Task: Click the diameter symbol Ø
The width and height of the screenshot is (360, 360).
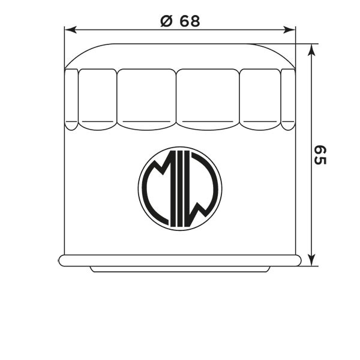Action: (166, 21)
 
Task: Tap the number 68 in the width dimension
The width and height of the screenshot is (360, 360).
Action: (190, 21)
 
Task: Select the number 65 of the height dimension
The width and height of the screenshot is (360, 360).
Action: (320, 155)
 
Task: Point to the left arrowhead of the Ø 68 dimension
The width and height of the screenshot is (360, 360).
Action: (70, 30)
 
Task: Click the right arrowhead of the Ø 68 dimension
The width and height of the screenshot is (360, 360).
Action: (290, 30)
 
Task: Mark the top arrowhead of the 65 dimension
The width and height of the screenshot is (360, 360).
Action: (311, 50)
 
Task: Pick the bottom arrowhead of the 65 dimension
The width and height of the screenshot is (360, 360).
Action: (311, 260)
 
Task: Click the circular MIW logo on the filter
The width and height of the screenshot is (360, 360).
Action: (180, 189)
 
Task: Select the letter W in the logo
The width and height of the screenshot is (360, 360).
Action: (200, 189)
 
